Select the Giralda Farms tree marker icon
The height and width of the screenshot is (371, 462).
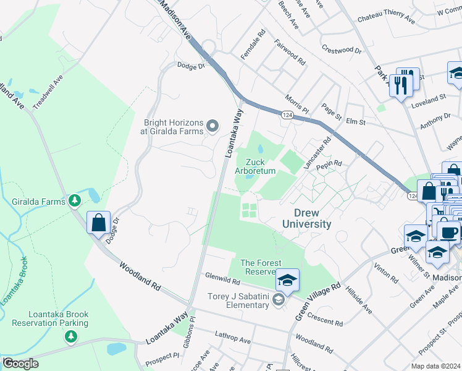(x=75, y=200)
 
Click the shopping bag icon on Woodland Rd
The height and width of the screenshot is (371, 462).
(x=99, y=223)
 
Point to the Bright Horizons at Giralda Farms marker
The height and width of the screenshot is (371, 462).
(x=213, y=127)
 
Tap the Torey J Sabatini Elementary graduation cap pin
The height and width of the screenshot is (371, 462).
(x=287, y=281)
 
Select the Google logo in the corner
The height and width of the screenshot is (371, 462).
(x=20, y=364)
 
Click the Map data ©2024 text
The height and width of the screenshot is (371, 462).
(x=435, y=366)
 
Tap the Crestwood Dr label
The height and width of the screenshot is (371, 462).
(x=341, y=49)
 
